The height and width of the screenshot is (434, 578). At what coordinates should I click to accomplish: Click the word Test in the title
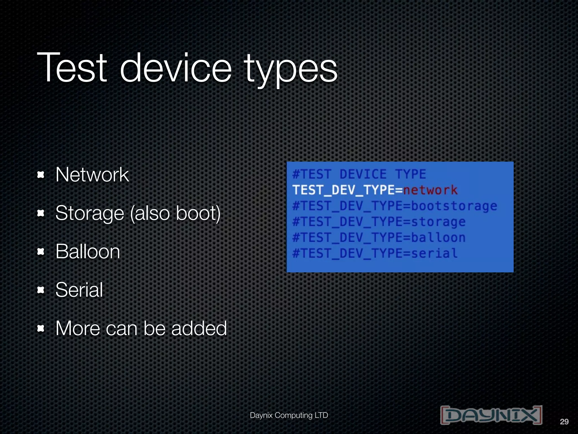(72, 68)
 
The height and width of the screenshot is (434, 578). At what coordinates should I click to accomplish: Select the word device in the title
(176, 68)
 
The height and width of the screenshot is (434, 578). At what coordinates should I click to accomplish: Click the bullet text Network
(92, 175)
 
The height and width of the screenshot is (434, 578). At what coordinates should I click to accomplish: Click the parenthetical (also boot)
(175, 214)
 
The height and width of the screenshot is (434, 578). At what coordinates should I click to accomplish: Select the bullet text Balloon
(88, 251)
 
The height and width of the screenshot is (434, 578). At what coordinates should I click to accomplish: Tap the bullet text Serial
(79, 290)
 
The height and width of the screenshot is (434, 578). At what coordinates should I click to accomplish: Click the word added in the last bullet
(199, 328)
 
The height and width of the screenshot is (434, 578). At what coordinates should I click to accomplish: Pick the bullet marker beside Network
(41, 175)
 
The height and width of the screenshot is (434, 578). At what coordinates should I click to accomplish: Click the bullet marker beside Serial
(41, 290)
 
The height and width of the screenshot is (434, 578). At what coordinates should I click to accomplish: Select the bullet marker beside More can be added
(41, 328)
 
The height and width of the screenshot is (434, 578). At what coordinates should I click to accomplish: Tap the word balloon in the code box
(438, 238)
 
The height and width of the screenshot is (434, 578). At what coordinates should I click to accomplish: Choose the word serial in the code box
(434, 253)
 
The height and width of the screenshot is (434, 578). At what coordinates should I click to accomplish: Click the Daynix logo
(491, 415)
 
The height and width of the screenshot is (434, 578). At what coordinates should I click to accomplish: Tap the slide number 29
(564, 422)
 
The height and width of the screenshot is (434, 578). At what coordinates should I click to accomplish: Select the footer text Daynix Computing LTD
(289, 415)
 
